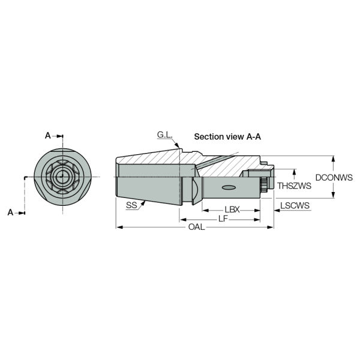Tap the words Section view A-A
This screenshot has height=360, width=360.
click(x=227, y=137)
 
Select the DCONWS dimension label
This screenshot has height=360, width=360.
click(x=334, y=178)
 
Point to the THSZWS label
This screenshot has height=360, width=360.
click(x=294, y=186)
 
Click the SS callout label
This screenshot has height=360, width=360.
click(x=131, y=205)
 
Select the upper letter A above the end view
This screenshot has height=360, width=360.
click(x=49, y=136)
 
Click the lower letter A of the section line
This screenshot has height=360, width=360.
click(x=10, y=212)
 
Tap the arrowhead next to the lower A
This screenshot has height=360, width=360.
click(x=23, y=212)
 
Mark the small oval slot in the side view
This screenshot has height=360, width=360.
click(x=229, y=188)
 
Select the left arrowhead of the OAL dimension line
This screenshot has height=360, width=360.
click(x=118, y=227)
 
